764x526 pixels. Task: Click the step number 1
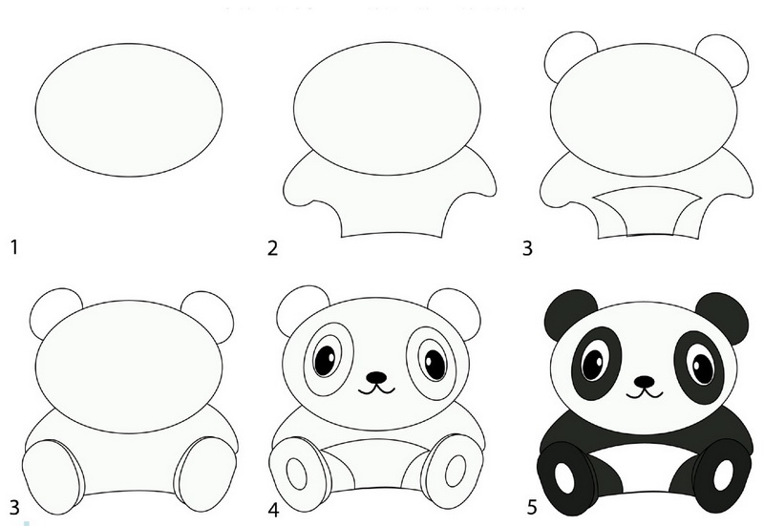[x=14, y=247]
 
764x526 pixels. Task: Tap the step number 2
[x=272, y=248]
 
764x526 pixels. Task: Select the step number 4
[x=273, y=510]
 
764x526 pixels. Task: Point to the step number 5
[x=532, y=508]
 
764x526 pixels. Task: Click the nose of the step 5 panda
[x=644, y=380]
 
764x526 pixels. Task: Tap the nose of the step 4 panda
[x=376, y=377]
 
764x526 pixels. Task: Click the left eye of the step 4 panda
[x=326, y=360]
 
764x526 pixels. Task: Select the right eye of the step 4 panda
[x=435, y=364]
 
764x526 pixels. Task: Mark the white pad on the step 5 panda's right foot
[x=723, y=474]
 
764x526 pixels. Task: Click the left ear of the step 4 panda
[x=300, y=309]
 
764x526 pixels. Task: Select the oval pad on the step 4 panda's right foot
[x=456, y=471]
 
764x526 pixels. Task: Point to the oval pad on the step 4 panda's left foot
[x=296, y=473]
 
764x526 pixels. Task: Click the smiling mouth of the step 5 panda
[x=644, y=392]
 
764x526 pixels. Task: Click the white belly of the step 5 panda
[x=644, y=468]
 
